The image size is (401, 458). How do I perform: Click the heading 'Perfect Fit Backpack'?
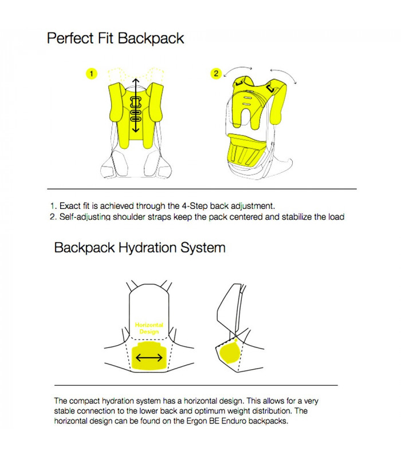(115, 38)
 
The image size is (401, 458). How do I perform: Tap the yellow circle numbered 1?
(91, 73)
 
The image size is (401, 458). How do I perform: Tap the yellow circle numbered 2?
(215, 73)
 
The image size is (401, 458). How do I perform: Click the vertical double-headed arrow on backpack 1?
(135, 106)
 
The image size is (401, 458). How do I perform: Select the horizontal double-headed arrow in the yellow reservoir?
(149, 358)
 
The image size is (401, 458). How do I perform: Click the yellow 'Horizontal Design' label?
(149, 328)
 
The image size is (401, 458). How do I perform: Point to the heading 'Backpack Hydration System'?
(139, 248)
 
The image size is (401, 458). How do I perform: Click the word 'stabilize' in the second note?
(288, 216)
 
